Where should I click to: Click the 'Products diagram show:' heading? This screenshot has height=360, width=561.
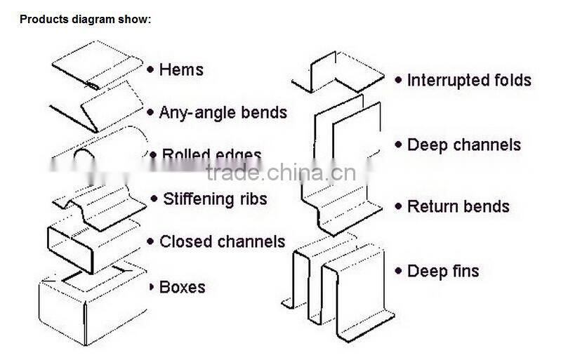coord(85,19)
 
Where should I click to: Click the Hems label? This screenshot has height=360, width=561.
coord(181,69)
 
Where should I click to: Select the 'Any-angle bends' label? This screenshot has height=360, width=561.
coord(223,112)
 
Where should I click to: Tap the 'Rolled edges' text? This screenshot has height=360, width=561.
coord(212,155)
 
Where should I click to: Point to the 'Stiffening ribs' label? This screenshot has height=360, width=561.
coord(215,199)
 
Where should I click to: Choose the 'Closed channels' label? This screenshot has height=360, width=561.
coord(222,242)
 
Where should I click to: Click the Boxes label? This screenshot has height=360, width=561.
coord(183,287)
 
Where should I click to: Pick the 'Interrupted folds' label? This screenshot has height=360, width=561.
coord(469,81)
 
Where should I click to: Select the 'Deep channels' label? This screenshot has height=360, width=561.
coord(464,145)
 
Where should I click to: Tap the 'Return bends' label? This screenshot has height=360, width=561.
coord(458,207)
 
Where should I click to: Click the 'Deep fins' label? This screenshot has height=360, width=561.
coord(443,271)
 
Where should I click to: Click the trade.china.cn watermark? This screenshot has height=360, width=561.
coord(281,173)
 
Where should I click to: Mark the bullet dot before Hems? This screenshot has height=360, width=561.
coord(150,69)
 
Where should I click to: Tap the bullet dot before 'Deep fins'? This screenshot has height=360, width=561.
coord(398,271)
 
